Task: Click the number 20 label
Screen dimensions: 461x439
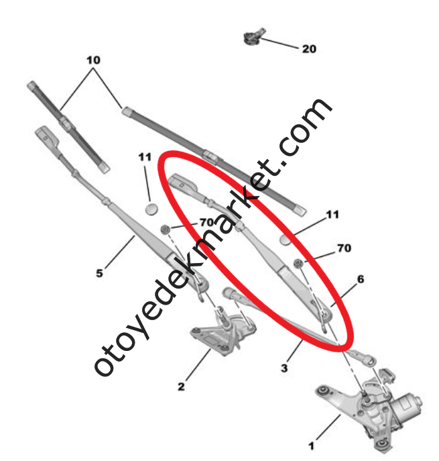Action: pos(309,49)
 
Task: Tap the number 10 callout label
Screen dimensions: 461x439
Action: pos(93,60)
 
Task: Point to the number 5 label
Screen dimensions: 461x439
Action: pos(99,273)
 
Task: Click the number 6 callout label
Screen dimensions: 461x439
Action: pos(361,278)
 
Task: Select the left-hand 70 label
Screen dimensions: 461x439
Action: pos(205,222)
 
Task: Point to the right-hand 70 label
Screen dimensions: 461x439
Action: pos(343,249)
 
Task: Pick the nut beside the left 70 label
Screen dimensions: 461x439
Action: pos(164,232)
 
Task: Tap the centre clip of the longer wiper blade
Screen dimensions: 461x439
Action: pos(212,159)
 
